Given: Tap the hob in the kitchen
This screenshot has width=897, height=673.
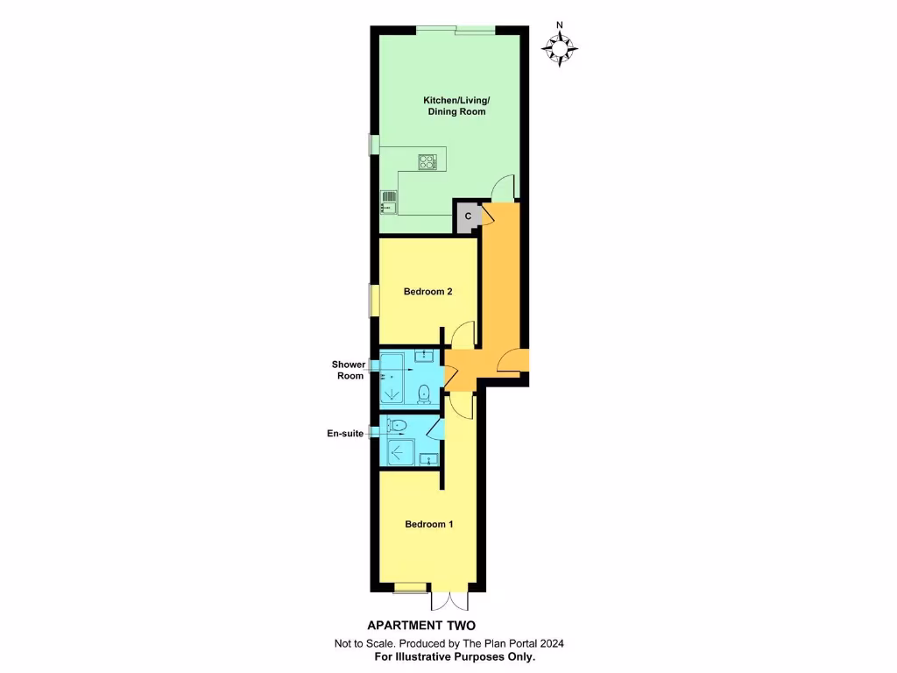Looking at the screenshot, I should [x=427, y=161].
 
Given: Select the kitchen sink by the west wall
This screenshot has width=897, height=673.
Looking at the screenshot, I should [x=386, y=202].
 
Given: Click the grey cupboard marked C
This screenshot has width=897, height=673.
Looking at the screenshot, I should [x=468, y=216].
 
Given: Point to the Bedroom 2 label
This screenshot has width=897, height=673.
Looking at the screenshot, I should [x=427, y=292].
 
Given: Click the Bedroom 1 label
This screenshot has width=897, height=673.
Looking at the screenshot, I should [x=428, y=525].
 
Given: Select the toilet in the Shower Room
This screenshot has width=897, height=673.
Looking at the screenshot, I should [x=424, y=393].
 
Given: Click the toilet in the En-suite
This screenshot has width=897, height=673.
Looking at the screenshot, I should [x=399, y=427].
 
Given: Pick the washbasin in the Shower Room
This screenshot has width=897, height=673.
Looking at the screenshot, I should [x=424, y=355].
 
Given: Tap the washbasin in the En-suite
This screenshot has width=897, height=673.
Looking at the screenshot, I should [x=429, y=458].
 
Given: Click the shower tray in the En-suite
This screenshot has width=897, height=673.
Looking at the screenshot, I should [x=402, y=453].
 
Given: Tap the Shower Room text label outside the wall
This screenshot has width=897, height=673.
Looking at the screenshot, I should [x=348, y=370].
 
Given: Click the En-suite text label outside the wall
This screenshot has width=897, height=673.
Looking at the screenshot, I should [x=346, y=433].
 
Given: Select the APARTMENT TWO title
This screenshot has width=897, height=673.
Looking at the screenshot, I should [x=420, y=626].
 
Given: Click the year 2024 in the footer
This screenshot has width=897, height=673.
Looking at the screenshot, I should [x=551, y=643].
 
